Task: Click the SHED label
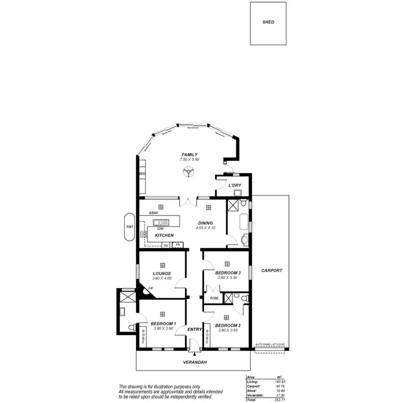pyautogui.click(x=268, y=23)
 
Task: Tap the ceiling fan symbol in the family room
pyautogui.click(x=189, y=172)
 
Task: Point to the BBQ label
pyautogui.click(x=142, y=174)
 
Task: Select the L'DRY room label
pyautogui.click(x=235, y=185)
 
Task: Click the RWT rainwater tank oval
pyautogui.click(x=129, y=227)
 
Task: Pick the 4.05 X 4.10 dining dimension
pyautogui.click(x=205, y=228)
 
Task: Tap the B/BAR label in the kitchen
pyautogui.click(x=153, y=213)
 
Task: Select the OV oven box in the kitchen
pyautogui.click(x=166, y=246)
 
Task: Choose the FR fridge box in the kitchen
pyautogui.click(x=177, y=246)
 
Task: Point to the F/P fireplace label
pyautogui.click(x=150, y=289)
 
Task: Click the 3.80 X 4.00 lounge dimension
pyautogui.click(x=161, y=278)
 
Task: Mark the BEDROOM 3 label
pyautogui.click(x=227, y=272)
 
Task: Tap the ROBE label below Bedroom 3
pyautogui.click(x=214, y=298)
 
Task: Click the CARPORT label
pyautogui.click(x=271, y=271)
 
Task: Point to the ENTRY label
pyautogui.click(x=193, y=329)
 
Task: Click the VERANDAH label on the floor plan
pyautogui.click(x=195, y=362)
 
